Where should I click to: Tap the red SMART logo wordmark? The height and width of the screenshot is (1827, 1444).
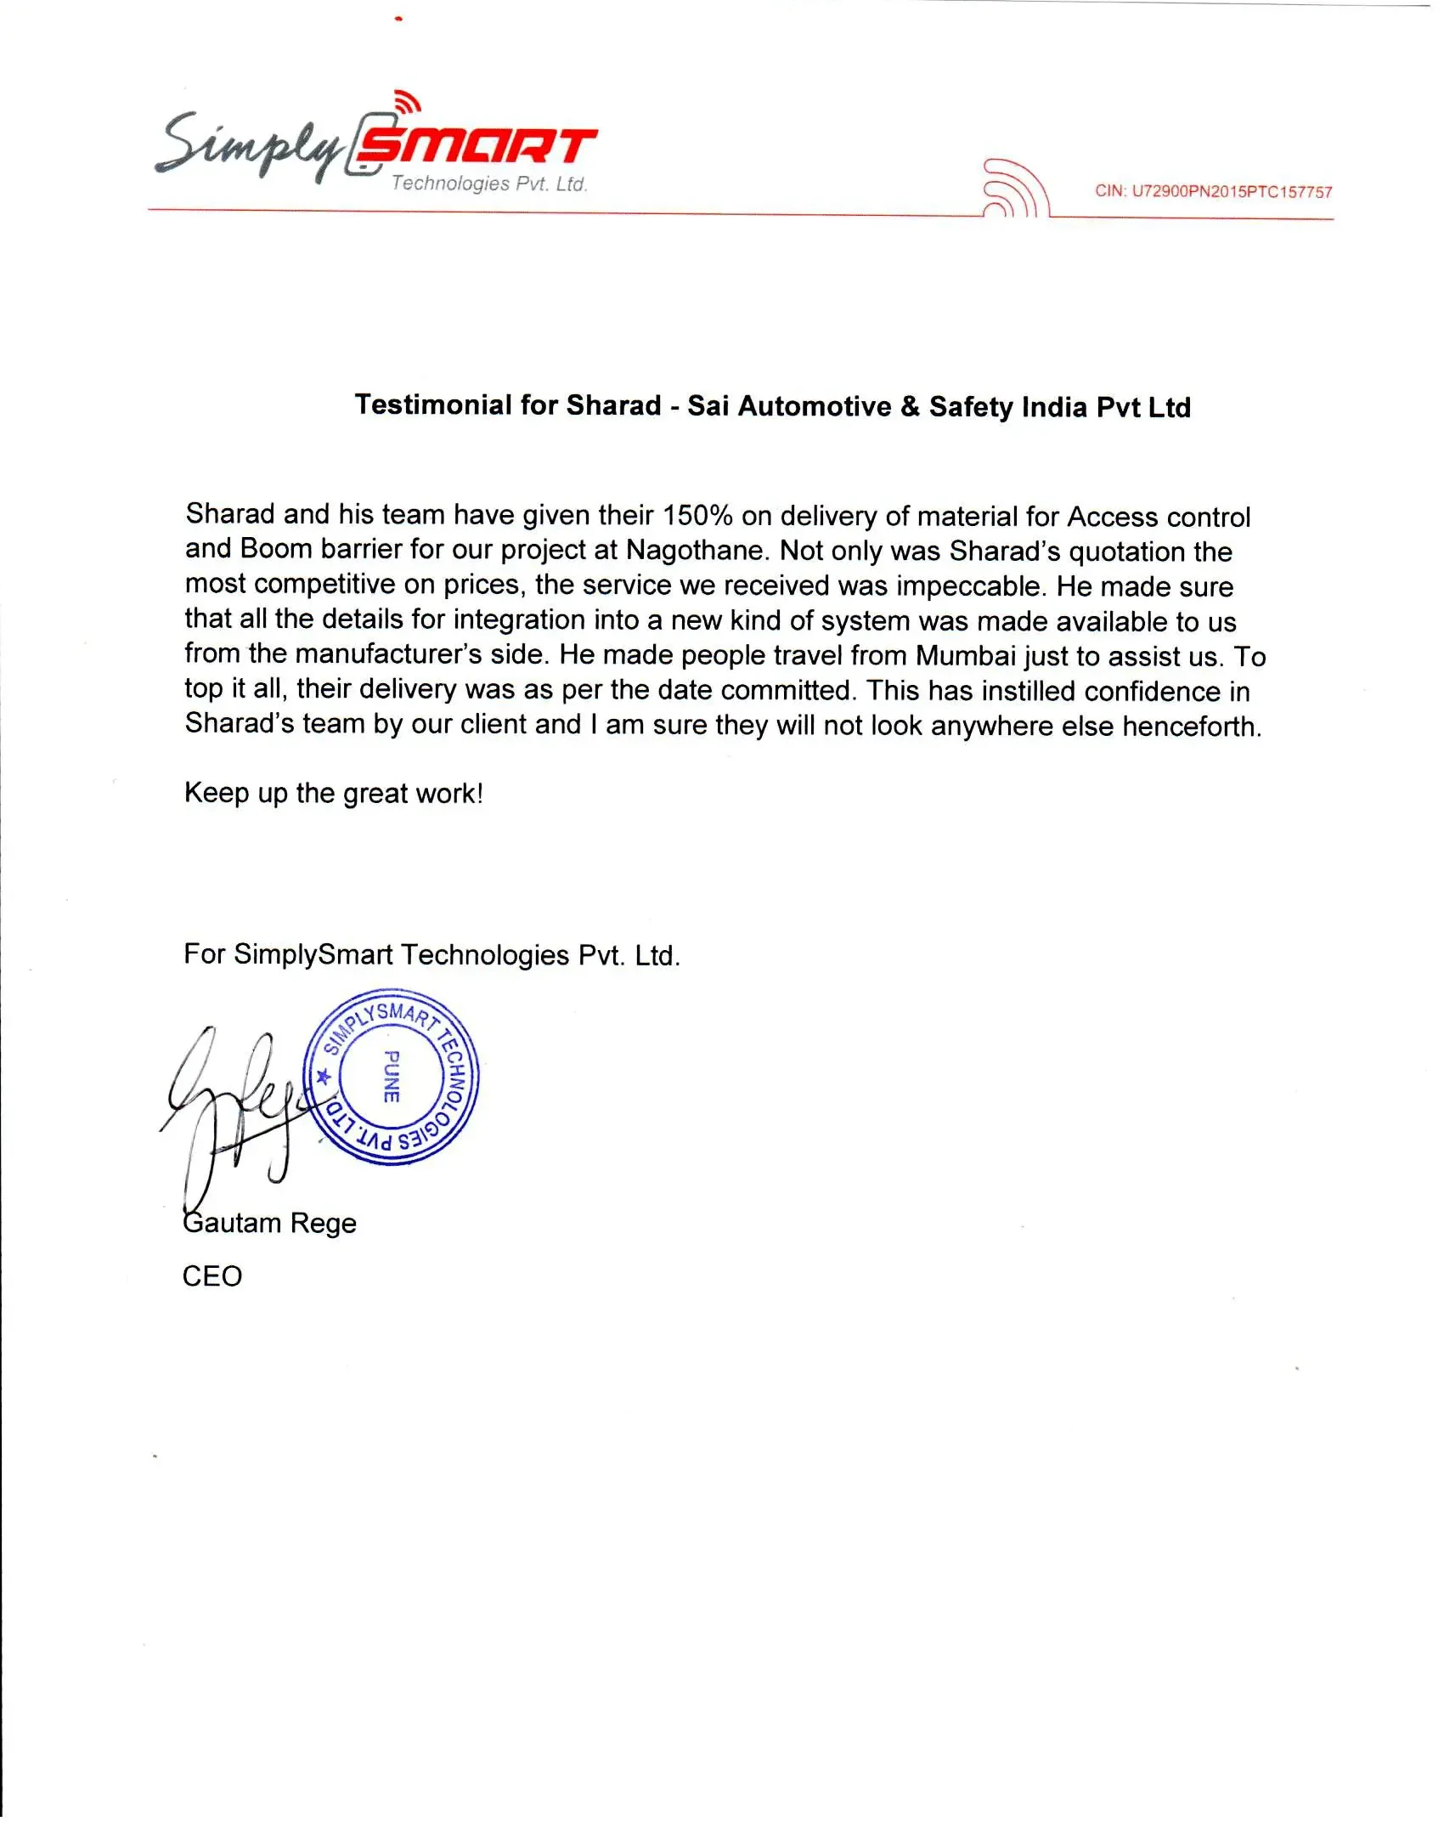(476, 146)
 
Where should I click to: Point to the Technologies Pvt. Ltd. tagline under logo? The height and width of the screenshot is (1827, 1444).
(489, 184)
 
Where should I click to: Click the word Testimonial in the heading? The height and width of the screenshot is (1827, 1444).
(433, 405)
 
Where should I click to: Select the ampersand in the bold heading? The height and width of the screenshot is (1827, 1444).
(910, 406)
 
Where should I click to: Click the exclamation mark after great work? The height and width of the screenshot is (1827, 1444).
(480, 794)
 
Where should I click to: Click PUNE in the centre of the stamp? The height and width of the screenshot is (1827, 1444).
(392, 1077)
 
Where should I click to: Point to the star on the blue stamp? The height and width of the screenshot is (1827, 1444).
(324, 1078)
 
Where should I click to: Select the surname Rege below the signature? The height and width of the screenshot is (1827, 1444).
(324, 1223)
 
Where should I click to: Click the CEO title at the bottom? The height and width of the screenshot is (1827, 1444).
(212, 1276)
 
